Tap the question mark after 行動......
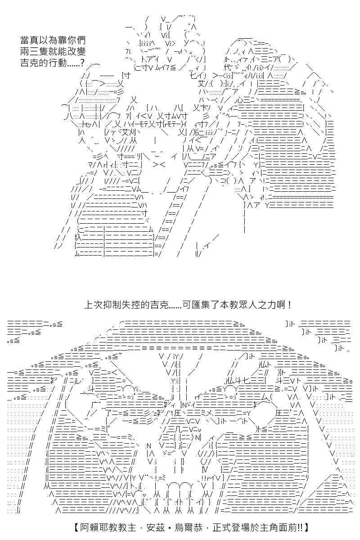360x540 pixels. coord(82,63)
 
